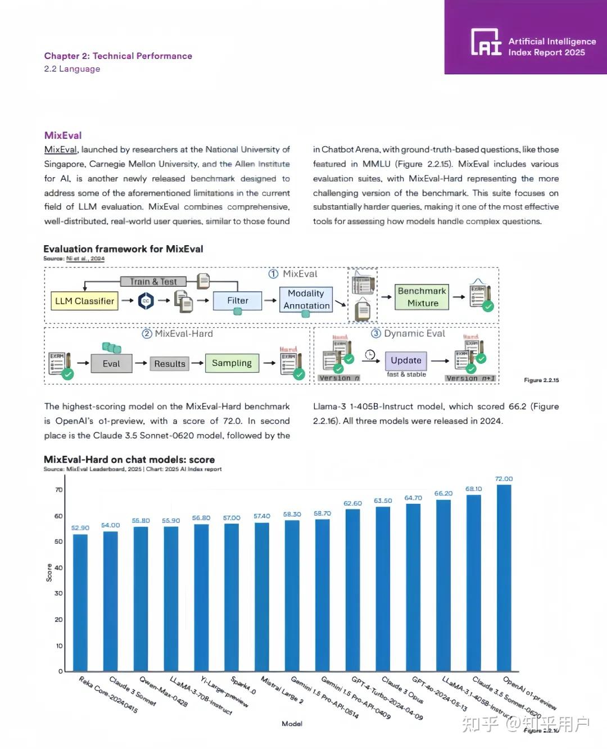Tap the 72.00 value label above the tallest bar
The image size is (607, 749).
[x=504, y=479]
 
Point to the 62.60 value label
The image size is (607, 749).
[x=352, y=503]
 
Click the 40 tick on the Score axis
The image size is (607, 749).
[x=58, y=567]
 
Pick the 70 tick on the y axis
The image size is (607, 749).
[x=58, y=490]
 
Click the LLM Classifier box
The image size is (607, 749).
[x=84, y=301]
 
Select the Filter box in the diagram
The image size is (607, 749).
[x=238, y=301]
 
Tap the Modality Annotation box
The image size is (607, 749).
[x=306, y=300]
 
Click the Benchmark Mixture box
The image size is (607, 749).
[x=422, y=297]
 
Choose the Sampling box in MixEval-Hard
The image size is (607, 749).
[x=232, y=363]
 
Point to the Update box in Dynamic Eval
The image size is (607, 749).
[x=406, y=360]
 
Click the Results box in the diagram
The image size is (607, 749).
[x=169, y=364]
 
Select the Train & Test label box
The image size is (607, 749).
[x=153, y=282]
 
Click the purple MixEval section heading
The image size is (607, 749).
[x=63, y=136]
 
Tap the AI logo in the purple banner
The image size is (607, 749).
[x=486, y=42]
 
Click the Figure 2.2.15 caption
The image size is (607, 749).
[x=541, y=380]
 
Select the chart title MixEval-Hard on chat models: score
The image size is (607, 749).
[x=129, y=459]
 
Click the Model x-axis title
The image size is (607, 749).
[x=292, y=724]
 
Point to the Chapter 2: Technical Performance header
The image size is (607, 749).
[x=118, y=56]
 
